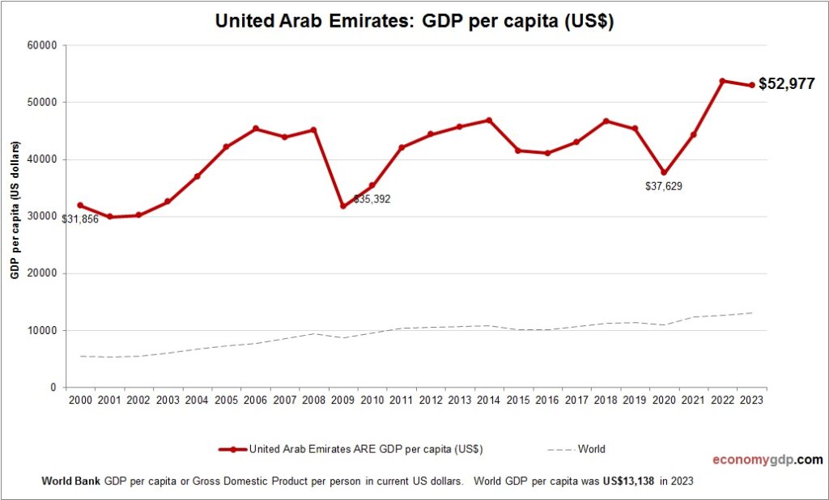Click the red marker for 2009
click(343, 206)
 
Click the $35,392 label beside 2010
click(372, 199)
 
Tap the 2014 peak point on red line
click(489, 121)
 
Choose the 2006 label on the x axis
click(256, 400)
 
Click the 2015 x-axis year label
click(518, 400)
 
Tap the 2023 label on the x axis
click(751, 400)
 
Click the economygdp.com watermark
click(767, 460)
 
